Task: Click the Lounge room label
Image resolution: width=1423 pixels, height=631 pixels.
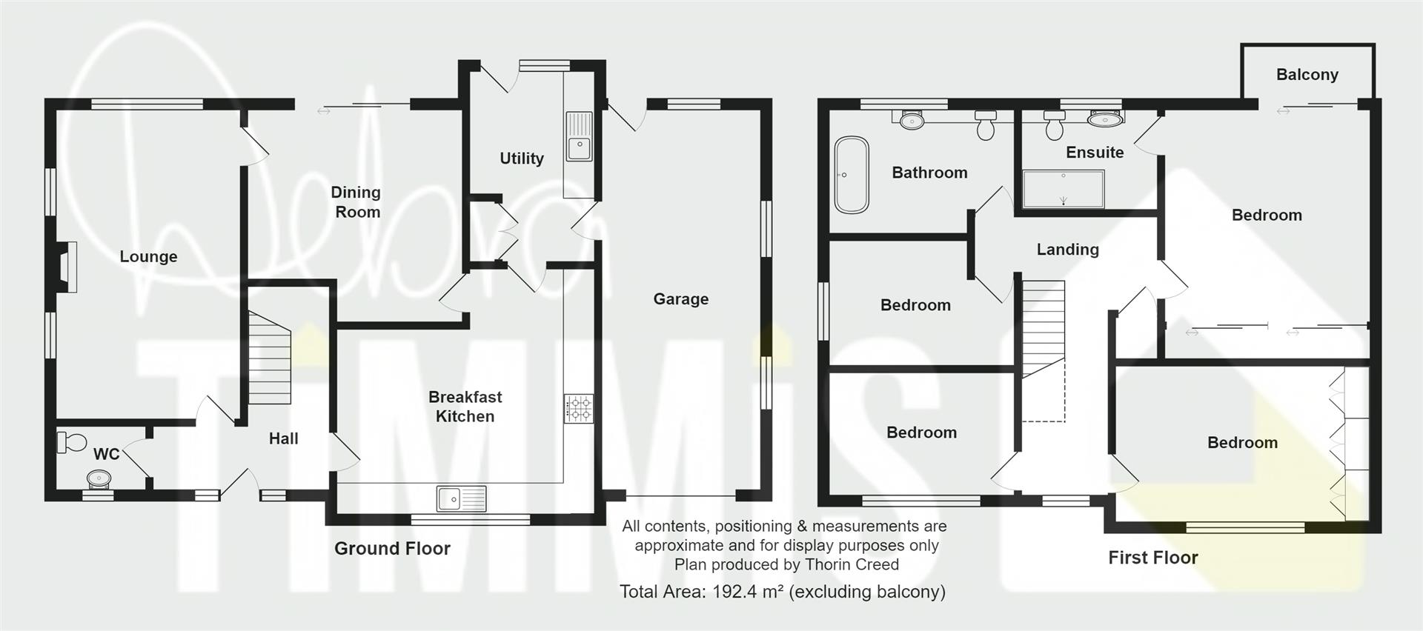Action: point(148,257)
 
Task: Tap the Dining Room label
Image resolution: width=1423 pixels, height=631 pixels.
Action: point(356,202)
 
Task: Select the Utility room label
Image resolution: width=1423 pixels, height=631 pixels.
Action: point(522,158)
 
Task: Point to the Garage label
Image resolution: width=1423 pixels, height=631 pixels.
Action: point(680,299)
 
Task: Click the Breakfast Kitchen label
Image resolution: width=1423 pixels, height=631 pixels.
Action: point(465,407)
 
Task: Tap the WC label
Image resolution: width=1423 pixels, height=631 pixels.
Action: point(106,454)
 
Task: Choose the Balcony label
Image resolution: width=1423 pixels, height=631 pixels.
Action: point(1307,75)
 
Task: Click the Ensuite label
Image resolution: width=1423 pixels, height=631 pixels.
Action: point(1095,153)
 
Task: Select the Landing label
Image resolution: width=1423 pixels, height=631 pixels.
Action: point(1067,250)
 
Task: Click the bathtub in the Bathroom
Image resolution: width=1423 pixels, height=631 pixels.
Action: point(852,175)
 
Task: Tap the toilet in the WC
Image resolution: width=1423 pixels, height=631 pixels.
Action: point(72,442)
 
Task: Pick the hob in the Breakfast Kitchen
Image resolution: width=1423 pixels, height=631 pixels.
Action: point(578,408)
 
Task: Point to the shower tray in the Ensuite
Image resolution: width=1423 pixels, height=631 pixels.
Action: point(1064,189)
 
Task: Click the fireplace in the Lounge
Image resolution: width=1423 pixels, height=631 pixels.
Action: point(65,267)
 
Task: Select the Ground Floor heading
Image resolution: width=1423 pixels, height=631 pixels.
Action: point(392,549)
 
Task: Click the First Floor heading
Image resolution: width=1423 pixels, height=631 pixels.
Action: point(1153,558)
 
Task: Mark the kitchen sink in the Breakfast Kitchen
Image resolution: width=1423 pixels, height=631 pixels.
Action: point(461,498)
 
